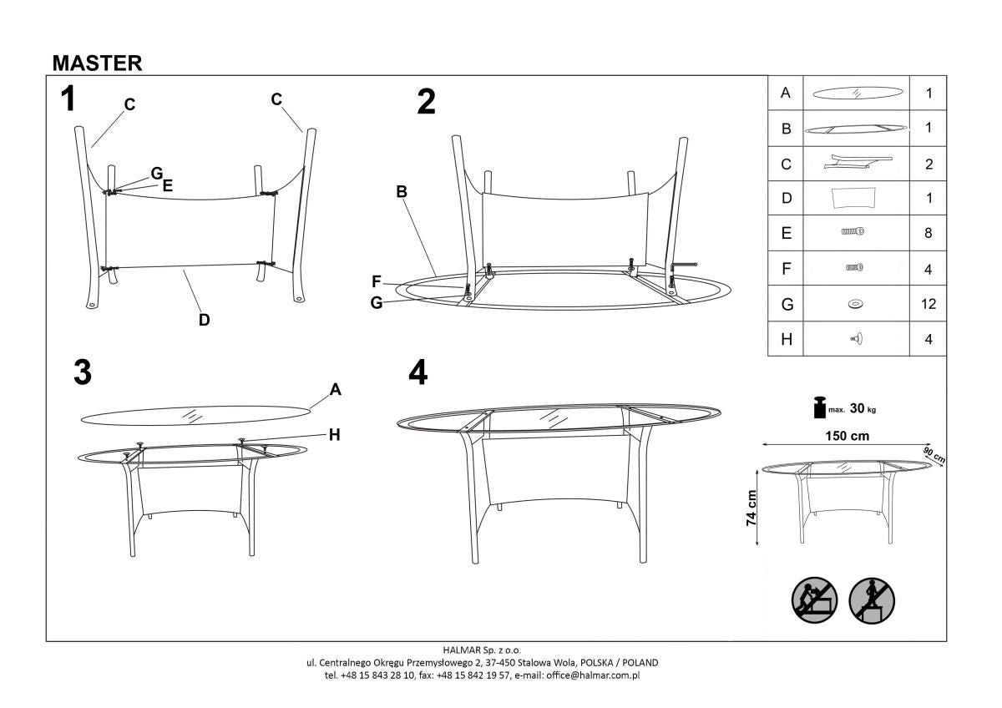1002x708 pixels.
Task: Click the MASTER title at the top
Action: click(x=97, y=63)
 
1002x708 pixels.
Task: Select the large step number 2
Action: click(x=426, y=102)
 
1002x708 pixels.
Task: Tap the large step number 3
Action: click(x=82, y=373)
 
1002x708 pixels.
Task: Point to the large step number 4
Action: click(x=417, y=373)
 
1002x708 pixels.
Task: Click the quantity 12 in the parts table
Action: click(x=928, y=305)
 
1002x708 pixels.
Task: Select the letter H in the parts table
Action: click(x=785, y=339)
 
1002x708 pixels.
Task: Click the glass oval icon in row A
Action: click(x=856, y=93)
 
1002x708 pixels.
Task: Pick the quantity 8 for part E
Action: click(x=928, y=234)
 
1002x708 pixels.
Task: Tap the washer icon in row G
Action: click(x=856, y=305)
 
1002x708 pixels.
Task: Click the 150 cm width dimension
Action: click(x=848, y=436)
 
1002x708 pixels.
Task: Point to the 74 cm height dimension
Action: click(x=751, y=507)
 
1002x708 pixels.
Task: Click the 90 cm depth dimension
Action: click(x=934, y=455)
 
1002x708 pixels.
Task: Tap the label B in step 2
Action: click(x=402, y=191)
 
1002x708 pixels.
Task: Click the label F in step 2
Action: click(x=377, y=281)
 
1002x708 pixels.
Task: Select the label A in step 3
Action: click(x=335, y=389)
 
